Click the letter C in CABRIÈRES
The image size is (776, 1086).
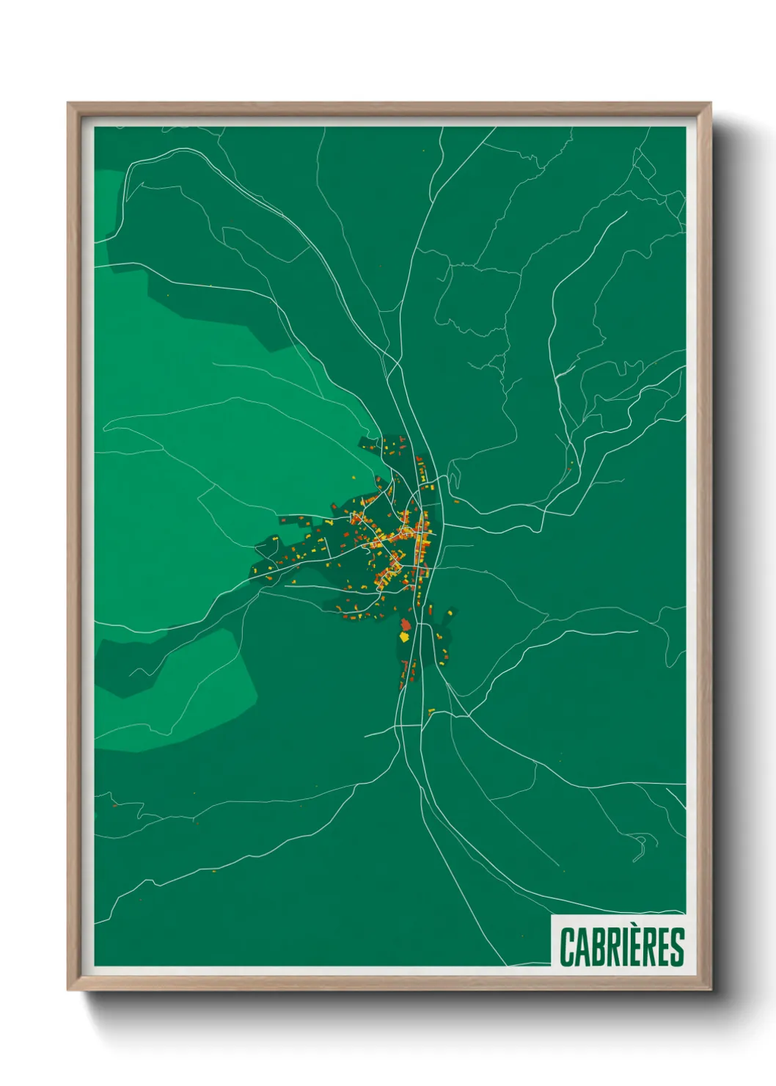tap(567, 947)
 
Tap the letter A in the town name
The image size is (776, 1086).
tap(582, 947)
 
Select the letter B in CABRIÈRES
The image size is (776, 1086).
tap(597, 947)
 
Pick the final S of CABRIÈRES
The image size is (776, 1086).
tap(678, 947)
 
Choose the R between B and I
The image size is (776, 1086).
tap(612, 947)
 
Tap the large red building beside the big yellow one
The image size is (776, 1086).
tap(406, 624)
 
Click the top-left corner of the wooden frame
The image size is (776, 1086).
tap(69, 104)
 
